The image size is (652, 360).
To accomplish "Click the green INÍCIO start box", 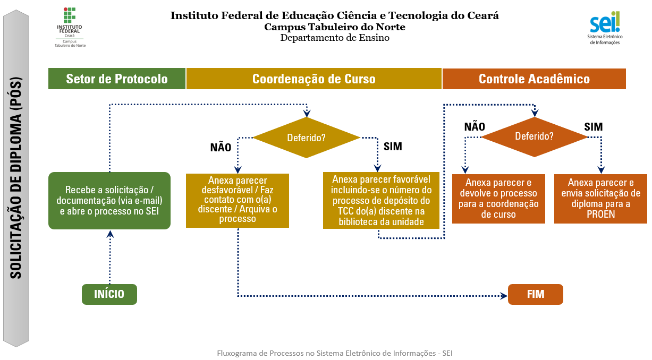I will (109, 294).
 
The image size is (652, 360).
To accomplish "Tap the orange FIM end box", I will (535, 294).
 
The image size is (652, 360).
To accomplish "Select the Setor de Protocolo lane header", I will (117, 79).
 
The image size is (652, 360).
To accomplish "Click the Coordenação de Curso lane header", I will (314, 79).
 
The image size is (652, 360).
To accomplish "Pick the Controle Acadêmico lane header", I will (534, 79).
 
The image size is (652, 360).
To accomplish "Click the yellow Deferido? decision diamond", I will (307, 138).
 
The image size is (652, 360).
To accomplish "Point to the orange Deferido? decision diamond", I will (534, 136).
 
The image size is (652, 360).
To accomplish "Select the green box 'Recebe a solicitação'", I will (109, 200).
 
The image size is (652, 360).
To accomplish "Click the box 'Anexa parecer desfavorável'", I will (238, 200).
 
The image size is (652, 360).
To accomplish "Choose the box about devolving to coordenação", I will (498, 199).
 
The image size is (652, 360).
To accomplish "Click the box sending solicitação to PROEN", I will (600, 199).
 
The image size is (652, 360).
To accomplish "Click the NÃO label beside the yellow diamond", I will (221, 148).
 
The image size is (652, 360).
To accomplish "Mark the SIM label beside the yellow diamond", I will (393, 147).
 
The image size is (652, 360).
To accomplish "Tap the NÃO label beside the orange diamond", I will (475, 126).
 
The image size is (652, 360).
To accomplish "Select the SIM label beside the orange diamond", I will (594, 126).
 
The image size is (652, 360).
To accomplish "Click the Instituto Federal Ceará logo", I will (70, 27).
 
